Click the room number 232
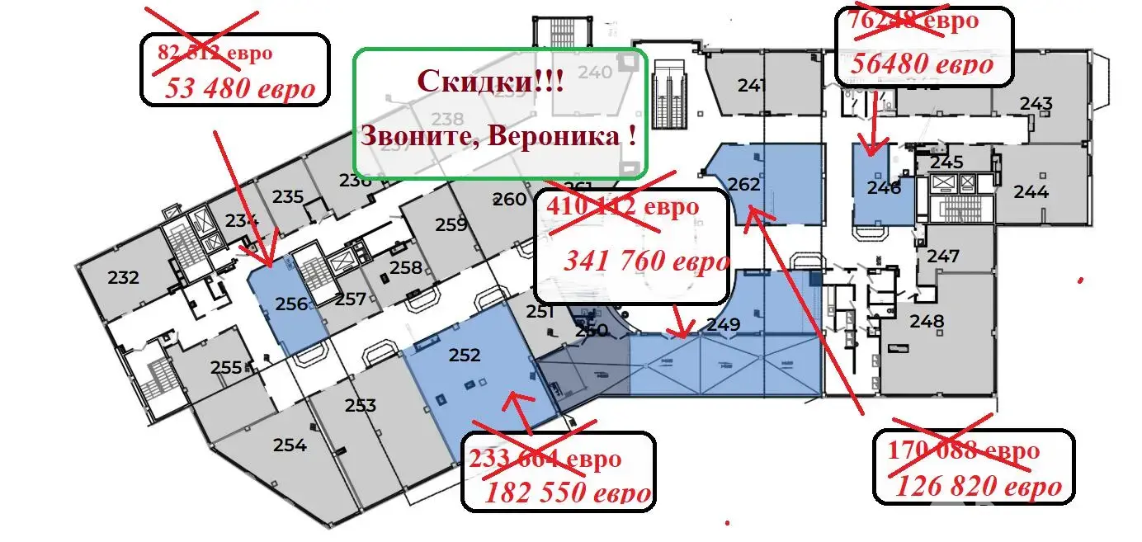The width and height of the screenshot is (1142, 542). tap(124, 278)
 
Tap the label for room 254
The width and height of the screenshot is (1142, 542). tap(290, 445)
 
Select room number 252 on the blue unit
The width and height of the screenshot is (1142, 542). tap(464, 355)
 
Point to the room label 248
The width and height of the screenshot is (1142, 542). tap(927, 320)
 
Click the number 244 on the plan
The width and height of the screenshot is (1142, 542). tap(1031, 192)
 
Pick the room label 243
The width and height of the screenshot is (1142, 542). tap(1036, 104)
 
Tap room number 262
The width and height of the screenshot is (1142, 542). tap(743, 184)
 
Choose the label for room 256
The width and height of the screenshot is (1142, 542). tap(292, 304)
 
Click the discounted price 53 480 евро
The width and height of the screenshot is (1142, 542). tap(240, 88)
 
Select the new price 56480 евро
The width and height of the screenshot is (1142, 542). tap(922, 64)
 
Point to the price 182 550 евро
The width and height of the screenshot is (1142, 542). tap(569, 493)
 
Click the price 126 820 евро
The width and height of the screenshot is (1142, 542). tap(979, 486)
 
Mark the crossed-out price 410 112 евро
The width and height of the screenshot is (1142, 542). tap(622, 205)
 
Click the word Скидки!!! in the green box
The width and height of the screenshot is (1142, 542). tap(491, 81)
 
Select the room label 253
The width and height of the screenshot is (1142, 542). tap(361, 405)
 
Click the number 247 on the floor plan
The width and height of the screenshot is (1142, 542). tap(943, 257)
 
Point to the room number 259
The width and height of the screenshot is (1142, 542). tap(451, 224)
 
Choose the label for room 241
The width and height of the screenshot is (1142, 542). tap(753, 85)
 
